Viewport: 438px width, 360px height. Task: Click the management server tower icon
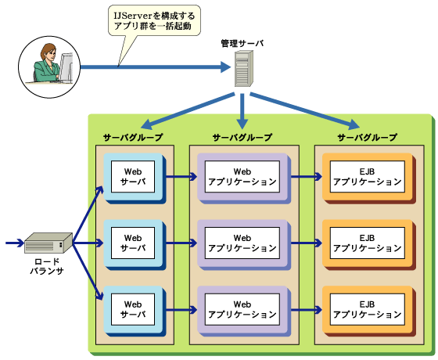pyautogui.click(x=243, y=69)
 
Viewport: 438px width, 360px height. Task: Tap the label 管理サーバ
pyautogui.click(x=242, y=43)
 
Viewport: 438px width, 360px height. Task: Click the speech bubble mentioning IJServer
pyautogui.click(x=154, y=20)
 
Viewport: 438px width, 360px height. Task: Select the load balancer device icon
pyautogui.click(x=48, y=243)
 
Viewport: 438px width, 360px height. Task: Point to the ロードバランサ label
pyautogui.click(x=47, y=266)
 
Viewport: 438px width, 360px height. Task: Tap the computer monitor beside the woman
pyautogui.click(x=66, y=68)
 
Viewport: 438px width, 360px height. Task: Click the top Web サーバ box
pyautogui.click(x=133, y=176)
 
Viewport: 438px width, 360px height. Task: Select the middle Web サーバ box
pyautogui.click(x=133, y=243)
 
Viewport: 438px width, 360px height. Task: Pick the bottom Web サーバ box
pyautogui.click(x=133, y=309)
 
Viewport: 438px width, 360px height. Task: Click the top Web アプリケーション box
pyautogui.click(x=242, y=176)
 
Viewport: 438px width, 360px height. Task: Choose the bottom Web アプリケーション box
pyautogui.click(x=242, y=309)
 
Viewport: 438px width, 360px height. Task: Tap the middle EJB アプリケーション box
pyautogui.click(x=368, y=243)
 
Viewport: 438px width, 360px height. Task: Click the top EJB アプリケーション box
pyautogui.click(x=368, y=176)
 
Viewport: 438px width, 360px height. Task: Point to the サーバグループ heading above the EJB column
pyautogui.click(x=368, y=137)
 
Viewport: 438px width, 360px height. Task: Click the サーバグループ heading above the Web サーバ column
pyautogui.click(x=133, y=137)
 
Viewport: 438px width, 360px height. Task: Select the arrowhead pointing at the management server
pyautogui.click(x=226, y=67)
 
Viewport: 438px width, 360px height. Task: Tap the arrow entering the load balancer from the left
pyautogui.click(x=15, y=243)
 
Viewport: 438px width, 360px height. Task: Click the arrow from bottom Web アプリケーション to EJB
pyautogui.click(x=307, y=309)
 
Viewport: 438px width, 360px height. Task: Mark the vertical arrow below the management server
pyautogui.click(x=242, y=111)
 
